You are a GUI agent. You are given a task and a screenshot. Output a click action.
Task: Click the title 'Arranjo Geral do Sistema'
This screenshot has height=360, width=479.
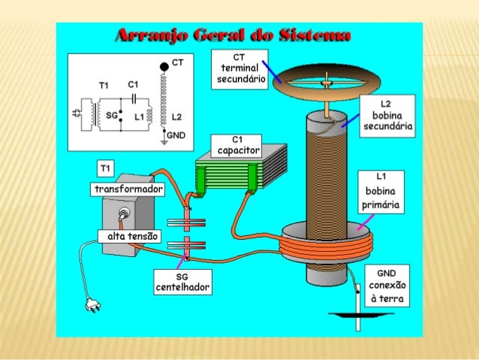pos(233,35)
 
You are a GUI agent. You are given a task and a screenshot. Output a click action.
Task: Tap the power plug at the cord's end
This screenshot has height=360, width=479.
pos(93,304)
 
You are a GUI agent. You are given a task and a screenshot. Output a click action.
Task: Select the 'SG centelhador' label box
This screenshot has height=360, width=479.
pos(182,282)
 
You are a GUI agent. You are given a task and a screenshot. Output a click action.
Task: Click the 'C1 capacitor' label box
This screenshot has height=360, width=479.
pos(236,146)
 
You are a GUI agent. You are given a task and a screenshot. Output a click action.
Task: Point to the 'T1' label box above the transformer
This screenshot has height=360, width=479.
pos(105,168)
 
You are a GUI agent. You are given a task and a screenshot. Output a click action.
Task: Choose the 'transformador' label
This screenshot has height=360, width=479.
pos(128,189)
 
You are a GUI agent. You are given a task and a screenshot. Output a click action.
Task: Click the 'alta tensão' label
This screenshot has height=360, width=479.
pos(130,236)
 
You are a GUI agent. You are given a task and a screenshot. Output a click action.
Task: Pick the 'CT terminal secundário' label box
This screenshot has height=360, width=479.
pos(239,69)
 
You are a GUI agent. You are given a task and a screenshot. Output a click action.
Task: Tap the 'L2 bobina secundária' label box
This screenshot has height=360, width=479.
pos(387,116)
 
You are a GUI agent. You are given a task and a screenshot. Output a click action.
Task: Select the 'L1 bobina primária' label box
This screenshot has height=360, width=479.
pos(381,192)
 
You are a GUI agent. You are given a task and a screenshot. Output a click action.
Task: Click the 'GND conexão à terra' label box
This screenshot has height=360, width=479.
pos(387,286)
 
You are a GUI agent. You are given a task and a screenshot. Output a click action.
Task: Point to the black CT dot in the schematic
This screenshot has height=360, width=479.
pos(164,67)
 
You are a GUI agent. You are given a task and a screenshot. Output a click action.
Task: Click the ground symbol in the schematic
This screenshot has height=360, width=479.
pos(164,142)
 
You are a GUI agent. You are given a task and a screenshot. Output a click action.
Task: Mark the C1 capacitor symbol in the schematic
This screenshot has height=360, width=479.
pos(134,98)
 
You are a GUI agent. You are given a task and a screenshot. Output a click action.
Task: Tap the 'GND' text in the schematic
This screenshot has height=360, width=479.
pos(176,135)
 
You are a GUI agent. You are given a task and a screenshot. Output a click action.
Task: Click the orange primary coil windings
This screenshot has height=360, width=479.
pos(326,247)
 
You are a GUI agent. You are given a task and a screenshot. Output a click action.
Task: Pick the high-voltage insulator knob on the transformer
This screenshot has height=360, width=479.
pos(123,213)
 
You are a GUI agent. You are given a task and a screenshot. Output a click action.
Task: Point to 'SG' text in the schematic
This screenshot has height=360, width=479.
pos(112,115)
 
